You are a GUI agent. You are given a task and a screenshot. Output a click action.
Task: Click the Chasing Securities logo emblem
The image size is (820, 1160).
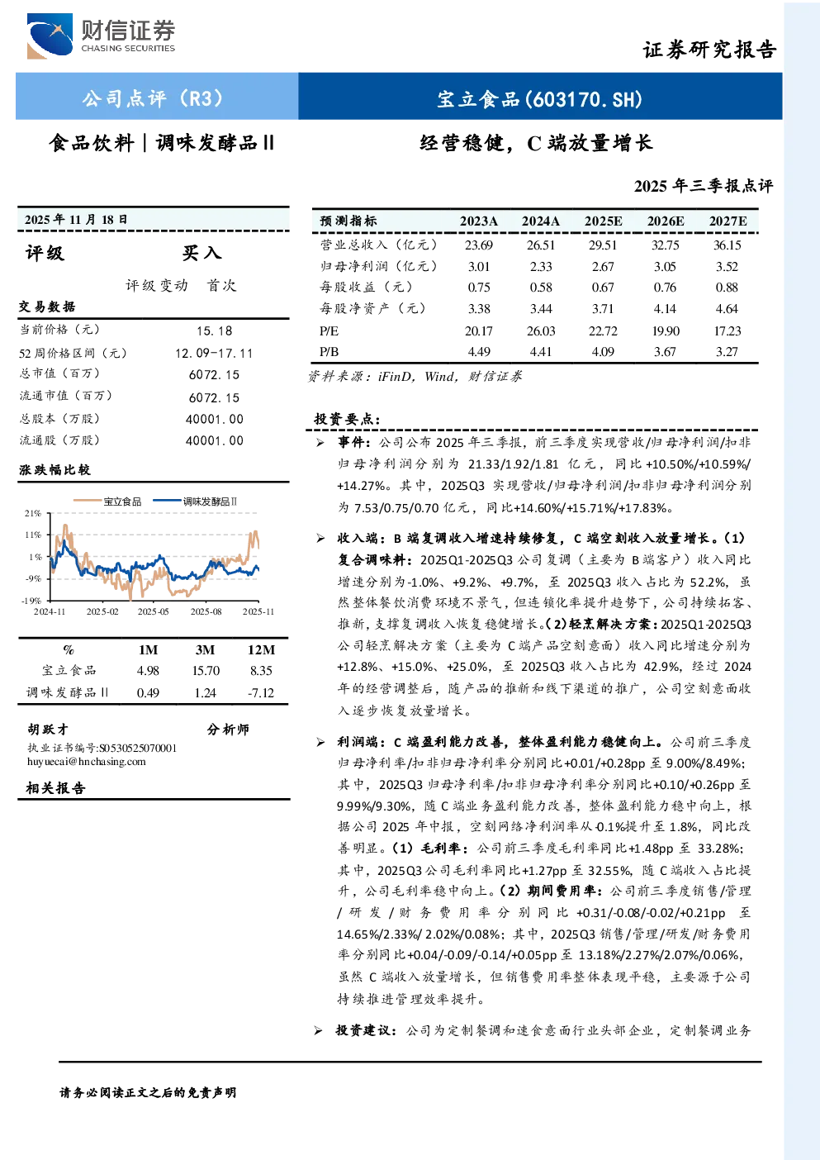pyautogui.click(x=50, y=36)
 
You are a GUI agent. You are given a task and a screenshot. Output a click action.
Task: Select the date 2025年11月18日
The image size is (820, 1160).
pyautogui.click(x=76, y=220)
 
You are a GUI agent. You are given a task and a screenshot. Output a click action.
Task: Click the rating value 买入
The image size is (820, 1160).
pyautogui.click(x=201, y=253)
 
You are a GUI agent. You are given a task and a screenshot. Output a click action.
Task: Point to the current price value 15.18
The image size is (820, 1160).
pyautogui.click(x=215, y=331)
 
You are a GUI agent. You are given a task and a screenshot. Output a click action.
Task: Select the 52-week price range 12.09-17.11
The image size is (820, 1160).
pyautogui.click(x=214, y=353)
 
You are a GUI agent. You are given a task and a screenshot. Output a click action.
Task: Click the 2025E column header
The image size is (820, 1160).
pyautogui.click(x=603, y=221)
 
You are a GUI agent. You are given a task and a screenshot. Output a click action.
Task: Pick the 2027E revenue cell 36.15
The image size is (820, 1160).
pyautogui.click(x=727, y=245)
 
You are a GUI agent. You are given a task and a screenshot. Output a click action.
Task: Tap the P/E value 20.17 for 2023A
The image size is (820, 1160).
pyautogui.click(x=478, y=331)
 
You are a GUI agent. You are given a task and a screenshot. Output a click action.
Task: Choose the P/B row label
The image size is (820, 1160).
pyautogui.click(x=329, y=352)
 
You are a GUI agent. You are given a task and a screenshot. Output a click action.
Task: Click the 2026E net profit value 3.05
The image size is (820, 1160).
pyautogui.click(x=665, y=267)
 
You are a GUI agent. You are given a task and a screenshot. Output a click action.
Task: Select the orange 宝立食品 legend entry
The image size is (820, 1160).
pyautogui.click(x=107, y=502)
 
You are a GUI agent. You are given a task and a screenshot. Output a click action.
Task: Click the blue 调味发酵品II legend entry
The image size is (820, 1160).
pyautogui.click(x=195, y=502)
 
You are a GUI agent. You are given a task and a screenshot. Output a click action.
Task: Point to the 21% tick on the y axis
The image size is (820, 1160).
pyautogui.click(x=32, y=513)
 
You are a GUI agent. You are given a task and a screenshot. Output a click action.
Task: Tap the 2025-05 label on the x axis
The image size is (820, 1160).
pyautogui.click(x=154, y=611)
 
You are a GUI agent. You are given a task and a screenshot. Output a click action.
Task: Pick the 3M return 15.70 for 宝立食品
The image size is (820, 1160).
pyautogui.click(x=206, y=671)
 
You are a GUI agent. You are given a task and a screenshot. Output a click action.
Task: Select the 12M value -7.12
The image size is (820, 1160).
pyautogui.click(x=260, y=693)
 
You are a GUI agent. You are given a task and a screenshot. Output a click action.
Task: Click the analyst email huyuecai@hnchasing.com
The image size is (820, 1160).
pyautogui.click(x=87, y=762)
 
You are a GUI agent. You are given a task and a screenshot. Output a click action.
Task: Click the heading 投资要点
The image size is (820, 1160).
pyautogui.click(x=348, y=418)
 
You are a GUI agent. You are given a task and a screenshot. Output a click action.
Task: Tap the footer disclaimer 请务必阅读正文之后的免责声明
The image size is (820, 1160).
pyautogui.click(x=148, y=1092)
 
